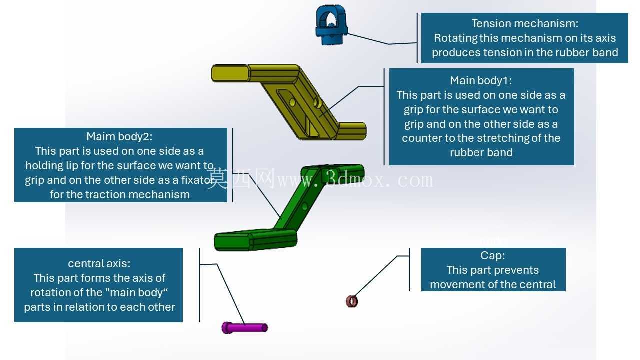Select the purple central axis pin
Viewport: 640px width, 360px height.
[245, 327]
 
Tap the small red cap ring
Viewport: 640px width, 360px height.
[352, 301]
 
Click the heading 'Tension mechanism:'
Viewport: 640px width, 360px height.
[525, 23]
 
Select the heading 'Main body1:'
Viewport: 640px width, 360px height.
[481, 81]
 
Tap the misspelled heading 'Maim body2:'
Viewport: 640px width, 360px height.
[119, 137]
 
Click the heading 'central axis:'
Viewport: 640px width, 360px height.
[99, 263]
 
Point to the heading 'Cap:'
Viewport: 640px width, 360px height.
[493, 255]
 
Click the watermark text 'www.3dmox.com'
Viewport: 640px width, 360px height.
[355, 180]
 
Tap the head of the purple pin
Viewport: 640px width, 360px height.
[227, 327]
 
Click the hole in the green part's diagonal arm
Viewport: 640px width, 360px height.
[305, 206]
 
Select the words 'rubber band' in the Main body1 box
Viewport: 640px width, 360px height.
[481, 153]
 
